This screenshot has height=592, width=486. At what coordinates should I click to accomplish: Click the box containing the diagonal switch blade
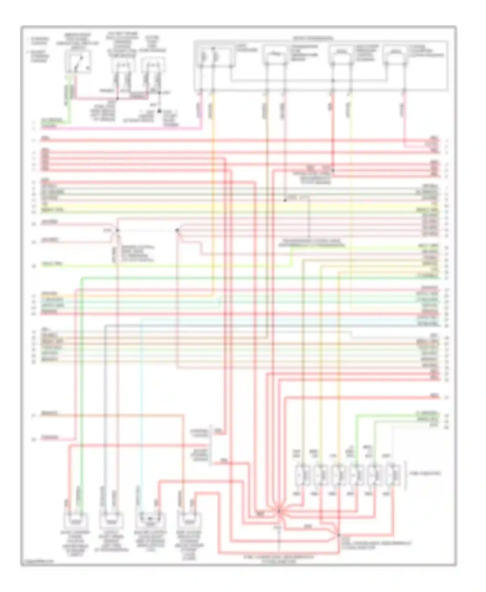point(78,62)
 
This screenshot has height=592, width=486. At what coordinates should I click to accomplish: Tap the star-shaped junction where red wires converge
point(278,511)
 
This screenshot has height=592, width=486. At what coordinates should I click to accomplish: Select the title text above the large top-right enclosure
point(313,38)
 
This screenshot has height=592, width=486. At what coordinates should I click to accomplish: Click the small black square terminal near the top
point(159,111)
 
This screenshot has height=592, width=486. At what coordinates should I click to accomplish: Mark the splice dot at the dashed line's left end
point(118,230)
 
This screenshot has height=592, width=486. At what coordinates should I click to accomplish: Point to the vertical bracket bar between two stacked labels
point(211,445)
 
